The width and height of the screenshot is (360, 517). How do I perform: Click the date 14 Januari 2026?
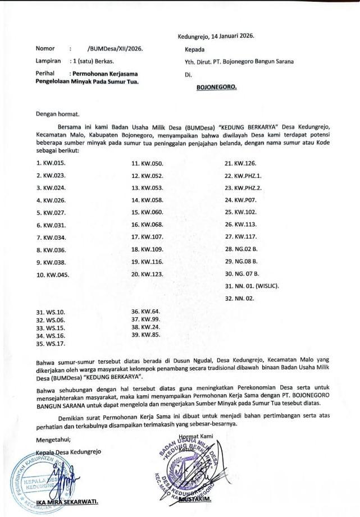232,35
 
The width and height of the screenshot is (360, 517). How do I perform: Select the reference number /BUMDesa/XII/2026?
115,49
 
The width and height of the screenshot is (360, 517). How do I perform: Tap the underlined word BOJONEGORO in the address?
216,87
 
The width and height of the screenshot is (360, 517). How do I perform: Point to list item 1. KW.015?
51,163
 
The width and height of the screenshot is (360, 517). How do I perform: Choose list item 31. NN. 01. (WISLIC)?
252,286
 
